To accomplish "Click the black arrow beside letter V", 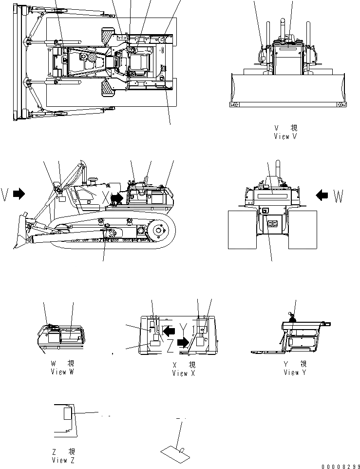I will pos(19,194).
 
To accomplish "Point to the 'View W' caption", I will pos(62,372).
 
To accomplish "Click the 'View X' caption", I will pos(184,373).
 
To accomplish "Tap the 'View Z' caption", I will pos(63,460).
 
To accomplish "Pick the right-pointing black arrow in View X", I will pos(183,343).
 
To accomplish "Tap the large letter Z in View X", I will pos(169,346).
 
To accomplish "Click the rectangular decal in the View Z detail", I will pos(68,414).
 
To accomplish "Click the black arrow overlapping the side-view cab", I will pos(117,198).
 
